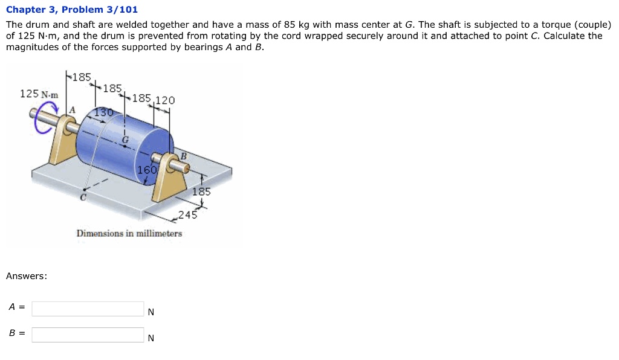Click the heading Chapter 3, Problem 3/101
click(72, 9)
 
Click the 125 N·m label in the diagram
click(39, 94)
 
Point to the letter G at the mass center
click(125, 140)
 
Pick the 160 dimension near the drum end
click(147, 170)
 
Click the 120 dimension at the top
click(164, 100)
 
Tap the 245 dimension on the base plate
click(188, 214)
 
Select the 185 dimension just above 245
click(201, 191)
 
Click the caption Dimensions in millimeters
click(129, 233)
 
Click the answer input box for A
click(88, 309)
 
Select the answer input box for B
click(88, 335)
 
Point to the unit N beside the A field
click(151, 312)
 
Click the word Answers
click(27, 276)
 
